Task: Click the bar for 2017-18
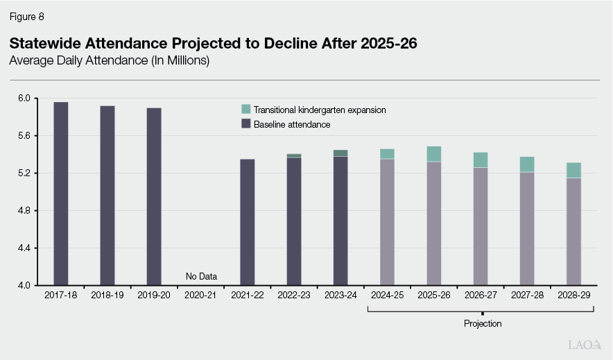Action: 61,194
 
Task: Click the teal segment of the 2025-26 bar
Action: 434,154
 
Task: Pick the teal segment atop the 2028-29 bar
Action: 573,170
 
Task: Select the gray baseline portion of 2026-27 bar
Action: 481,226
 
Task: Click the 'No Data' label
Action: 201,277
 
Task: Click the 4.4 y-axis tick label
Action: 24,248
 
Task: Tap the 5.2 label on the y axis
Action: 24,173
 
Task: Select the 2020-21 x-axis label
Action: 201,295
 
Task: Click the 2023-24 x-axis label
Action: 340,295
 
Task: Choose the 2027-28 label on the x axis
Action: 527,295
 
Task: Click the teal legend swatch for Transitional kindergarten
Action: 245,110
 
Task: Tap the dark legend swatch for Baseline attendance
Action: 245,124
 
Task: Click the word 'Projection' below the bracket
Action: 482,324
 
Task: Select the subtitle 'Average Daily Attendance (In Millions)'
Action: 110,61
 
